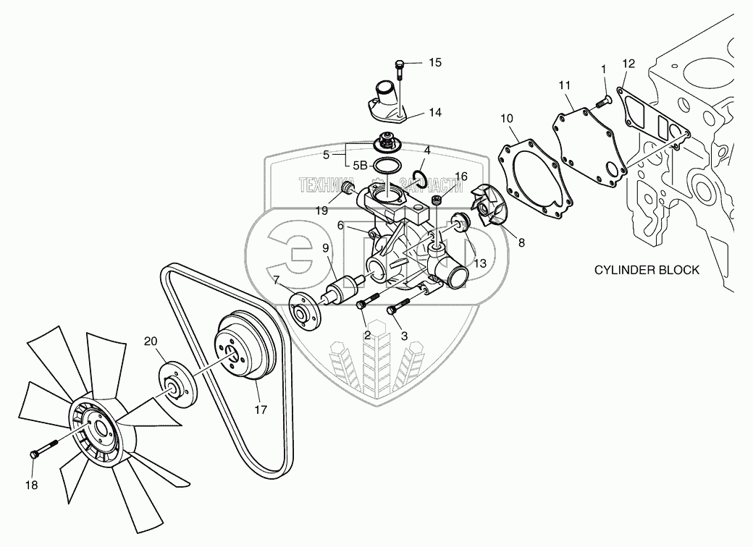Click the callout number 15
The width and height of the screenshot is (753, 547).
(x=434, y=63)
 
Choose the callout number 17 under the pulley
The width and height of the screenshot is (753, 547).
(x=261, y=410)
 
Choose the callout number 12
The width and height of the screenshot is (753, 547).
(x=628, y=63)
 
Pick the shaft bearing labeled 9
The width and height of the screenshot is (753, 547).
(x=337, y=294)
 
